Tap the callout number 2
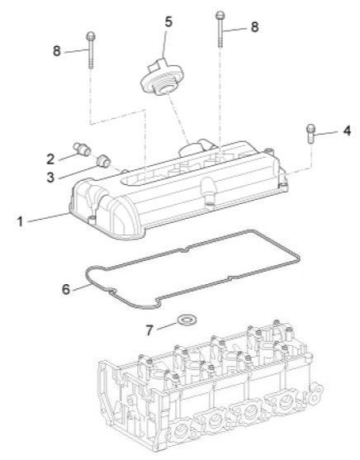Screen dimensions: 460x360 point(50,156)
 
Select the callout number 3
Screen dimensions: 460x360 point(50,176)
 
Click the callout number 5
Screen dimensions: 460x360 point(168,21)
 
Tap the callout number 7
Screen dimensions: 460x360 point(149,330)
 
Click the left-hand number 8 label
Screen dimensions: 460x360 point(57,50)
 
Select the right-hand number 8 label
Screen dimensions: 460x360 point(254,27)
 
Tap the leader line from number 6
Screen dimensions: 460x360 point(80,286)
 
